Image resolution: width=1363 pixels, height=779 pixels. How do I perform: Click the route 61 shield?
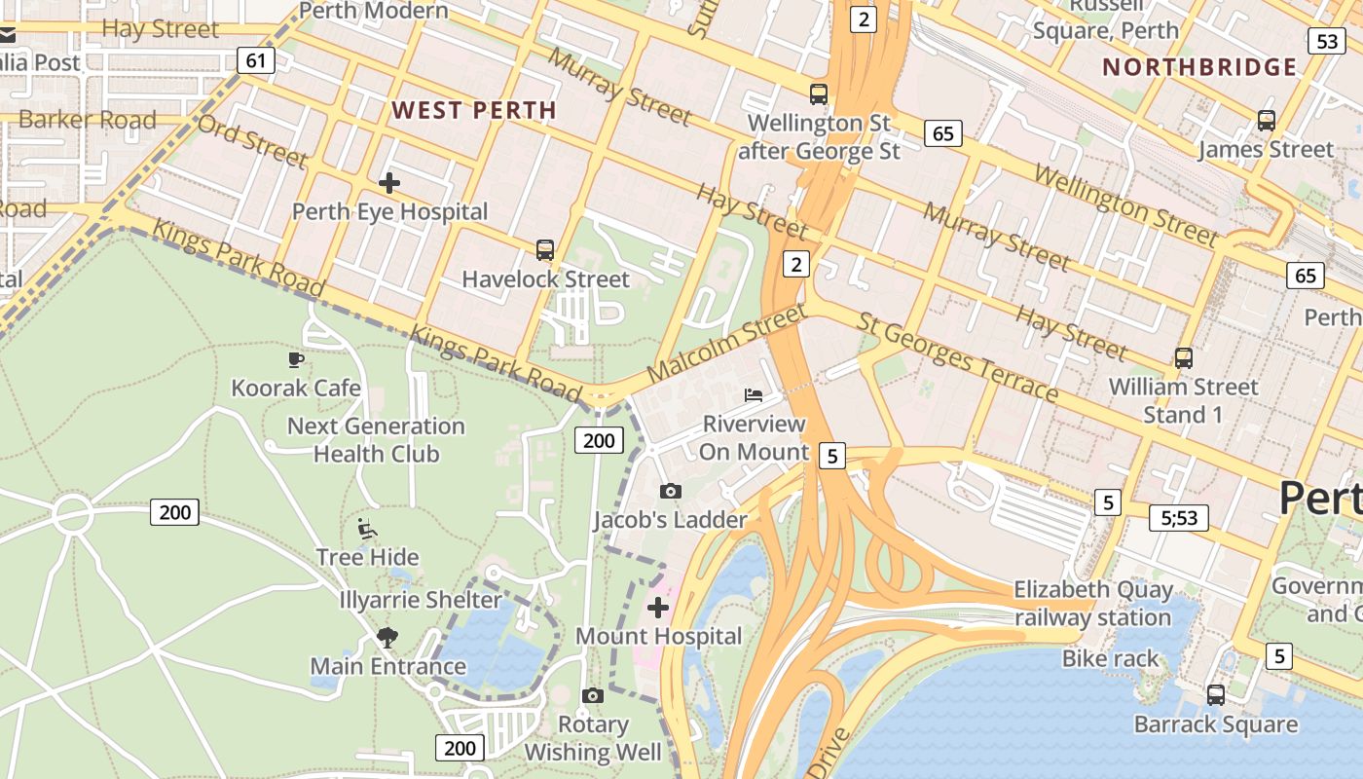pos(256,60)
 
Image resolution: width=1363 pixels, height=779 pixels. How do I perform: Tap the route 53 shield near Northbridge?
pos(1327,41)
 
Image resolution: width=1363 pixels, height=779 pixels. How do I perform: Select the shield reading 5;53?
pos(1179,518)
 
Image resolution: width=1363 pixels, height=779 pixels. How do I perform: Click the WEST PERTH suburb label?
pos(474,110)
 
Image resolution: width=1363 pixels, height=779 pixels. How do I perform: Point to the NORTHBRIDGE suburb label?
pos(1199,67)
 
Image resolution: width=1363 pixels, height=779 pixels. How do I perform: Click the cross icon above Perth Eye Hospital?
pos(389,182)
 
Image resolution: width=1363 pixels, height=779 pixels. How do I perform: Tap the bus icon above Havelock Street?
pos(545,250)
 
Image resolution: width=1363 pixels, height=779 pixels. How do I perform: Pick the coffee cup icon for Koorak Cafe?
pos(296,360)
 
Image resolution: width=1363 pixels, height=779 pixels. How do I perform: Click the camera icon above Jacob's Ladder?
pos(671,492)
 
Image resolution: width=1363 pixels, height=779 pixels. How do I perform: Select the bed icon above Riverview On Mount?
pos(754,394)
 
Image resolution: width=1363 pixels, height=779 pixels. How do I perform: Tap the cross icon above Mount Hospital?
pos(658,608)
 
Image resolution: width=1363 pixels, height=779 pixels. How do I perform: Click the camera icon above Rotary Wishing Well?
pos(592,695)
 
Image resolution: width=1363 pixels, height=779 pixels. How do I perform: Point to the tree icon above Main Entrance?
pos(387,638)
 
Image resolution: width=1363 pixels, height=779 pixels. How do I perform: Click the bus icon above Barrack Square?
pos(1216,695)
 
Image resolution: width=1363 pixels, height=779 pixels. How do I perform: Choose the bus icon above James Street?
pos(1266,121)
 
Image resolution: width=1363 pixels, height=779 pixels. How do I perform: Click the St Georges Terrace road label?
pos(957,357)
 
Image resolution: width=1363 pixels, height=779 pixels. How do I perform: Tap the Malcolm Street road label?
pos(726,343)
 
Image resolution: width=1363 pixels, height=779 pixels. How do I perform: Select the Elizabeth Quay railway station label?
pos(1093,604)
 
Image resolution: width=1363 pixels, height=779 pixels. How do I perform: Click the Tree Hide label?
pos(368,557)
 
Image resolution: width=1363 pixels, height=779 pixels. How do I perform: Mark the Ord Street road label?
pos(252,141)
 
